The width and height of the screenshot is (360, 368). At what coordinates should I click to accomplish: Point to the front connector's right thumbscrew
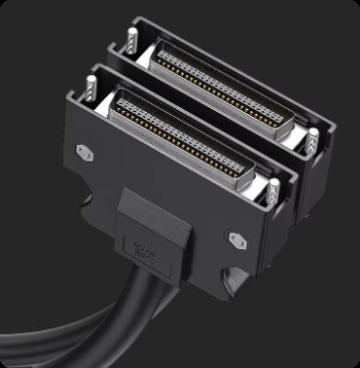click(x=273, y=191)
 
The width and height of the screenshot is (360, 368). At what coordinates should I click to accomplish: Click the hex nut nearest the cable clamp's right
click(x=235, y=238)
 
